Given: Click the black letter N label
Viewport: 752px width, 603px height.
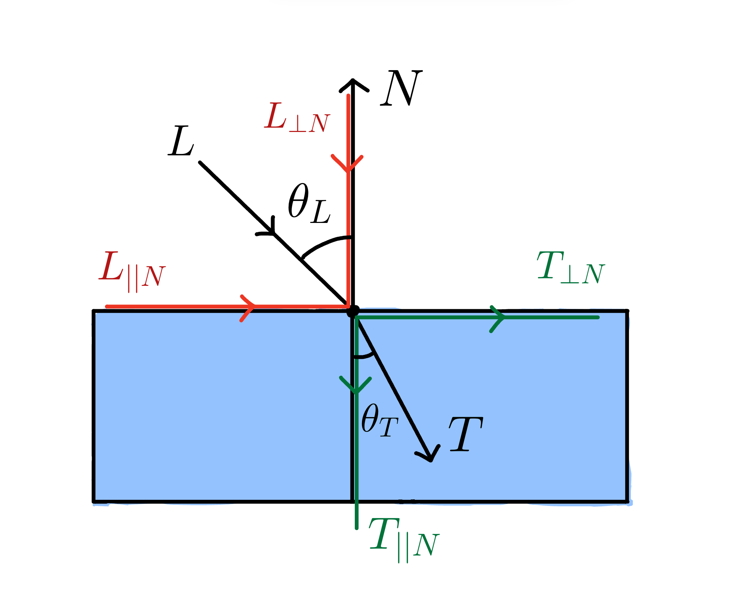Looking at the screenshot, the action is (401, 88).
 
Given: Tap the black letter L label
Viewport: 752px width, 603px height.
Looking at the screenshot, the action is (181, 141).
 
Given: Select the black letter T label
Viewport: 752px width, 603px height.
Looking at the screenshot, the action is (466, 434).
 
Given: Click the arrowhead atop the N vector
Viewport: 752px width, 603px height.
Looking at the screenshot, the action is (354, 85).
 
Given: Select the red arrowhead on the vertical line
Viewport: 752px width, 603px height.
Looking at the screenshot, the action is (347, 164).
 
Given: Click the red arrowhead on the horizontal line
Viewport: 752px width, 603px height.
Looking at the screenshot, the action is (248, 308).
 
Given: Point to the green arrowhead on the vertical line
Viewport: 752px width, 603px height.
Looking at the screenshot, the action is (356, 385).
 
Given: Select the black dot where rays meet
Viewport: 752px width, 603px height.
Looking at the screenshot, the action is (353, 311).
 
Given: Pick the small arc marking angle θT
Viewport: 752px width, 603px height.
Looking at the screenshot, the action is (364, 356).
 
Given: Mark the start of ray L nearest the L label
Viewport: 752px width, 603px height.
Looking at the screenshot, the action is (200, 163).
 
